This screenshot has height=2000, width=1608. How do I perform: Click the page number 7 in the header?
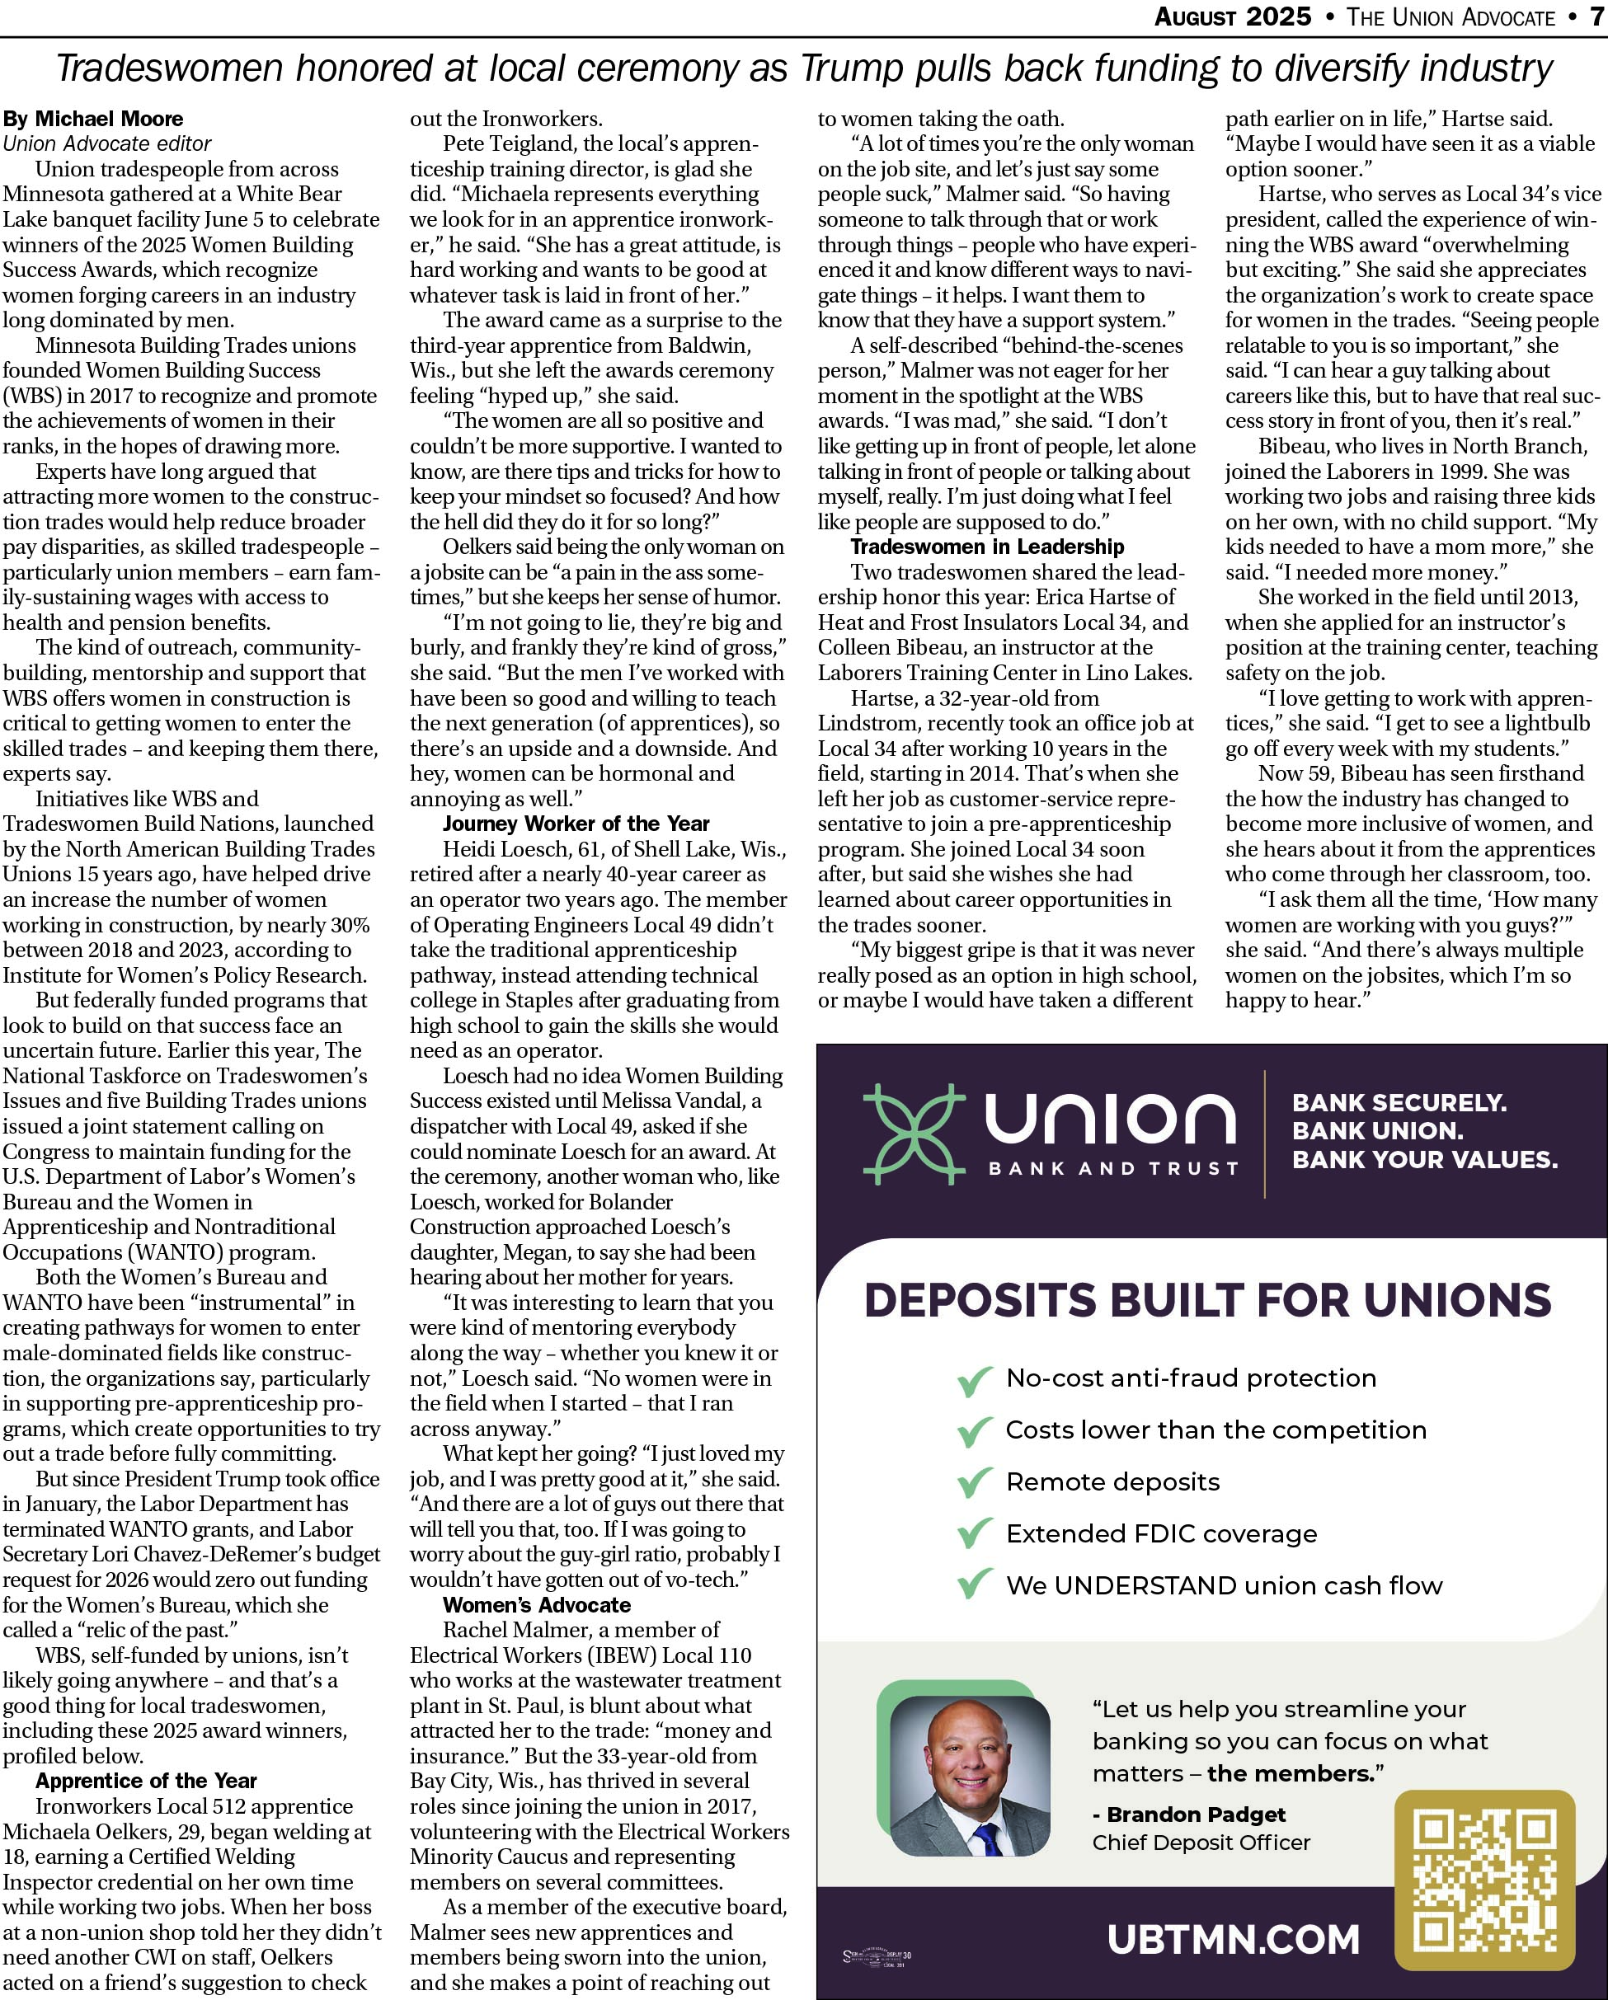tap(1596, 16)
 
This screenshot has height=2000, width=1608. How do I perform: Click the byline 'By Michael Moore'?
tap(93, 119)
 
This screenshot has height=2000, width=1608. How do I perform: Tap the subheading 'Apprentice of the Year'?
tap(146, 1780)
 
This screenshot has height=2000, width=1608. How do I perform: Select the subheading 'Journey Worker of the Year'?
tap(576, 823)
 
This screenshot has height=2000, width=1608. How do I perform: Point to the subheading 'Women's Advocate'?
tap(536, 1604)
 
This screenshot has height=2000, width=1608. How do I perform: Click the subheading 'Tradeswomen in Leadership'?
tap(986, 547)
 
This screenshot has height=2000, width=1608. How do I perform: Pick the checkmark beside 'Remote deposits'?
tap(974, 1482)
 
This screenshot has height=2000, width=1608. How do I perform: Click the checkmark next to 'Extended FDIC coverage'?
tap(974, 1534)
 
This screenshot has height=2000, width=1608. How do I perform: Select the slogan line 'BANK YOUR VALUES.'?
tap(1424, 1160)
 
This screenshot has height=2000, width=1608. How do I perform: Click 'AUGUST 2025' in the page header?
tap(1232, 16)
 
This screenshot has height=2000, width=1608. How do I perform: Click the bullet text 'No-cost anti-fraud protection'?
tap(1191, 1378)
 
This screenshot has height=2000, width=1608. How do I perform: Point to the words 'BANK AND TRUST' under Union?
tap(1112, 1169)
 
